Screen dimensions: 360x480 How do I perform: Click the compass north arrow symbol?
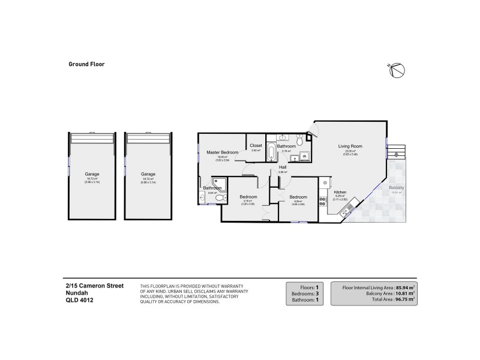point(394,70)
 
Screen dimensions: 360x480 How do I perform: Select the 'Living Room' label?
point(350,146)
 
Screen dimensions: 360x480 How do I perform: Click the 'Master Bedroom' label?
point(223,152)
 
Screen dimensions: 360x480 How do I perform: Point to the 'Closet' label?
point(256,146)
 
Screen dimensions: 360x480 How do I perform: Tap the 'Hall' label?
point(282,167)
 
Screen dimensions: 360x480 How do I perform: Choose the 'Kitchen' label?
point(340,192)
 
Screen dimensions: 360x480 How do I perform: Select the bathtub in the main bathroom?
point(271,152)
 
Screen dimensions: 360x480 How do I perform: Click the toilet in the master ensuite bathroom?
point(220,198)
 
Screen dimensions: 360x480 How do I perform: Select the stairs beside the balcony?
point(397,149)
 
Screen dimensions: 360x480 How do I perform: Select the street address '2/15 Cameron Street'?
point(95,286)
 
